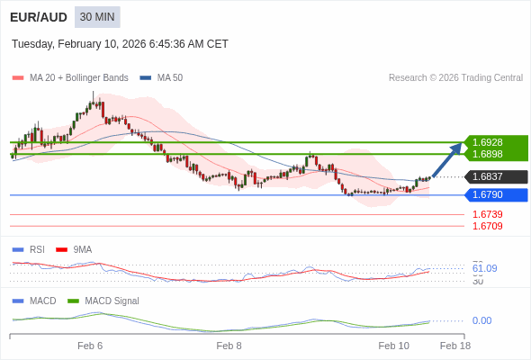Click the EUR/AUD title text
point(38,17)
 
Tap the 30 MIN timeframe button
point(97,17)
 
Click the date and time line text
point(120,44)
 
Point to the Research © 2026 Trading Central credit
point(455,78)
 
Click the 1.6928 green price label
point(488,142)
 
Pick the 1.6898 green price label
point(488,154)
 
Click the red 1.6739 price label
point(488,214)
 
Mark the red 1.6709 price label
point(488,226)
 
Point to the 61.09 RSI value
point(484,268)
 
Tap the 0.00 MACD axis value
point(481,320)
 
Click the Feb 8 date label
point(229,346)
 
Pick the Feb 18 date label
point(454,346)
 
